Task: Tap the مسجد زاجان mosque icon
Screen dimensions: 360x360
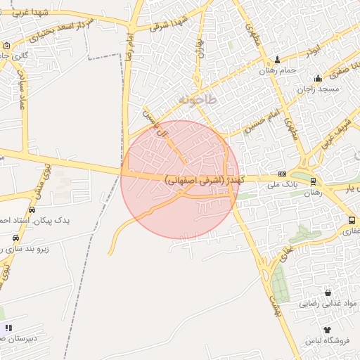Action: pos(319,79)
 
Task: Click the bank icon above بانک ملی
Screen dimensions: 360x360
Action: pos(283,174)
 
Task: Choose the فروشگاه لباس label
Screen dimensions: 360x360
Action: pos(327,340)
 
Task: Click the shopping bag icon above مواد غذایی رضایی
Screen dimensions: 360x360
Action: pos(327,292)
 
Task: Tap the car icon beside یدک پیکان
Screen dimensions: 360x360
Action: pos(32,210)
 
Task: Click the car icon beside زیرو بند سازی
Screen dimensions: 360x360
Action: pos(15,238)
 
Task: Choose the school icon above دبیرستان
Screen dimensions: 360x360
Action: pos(8,328)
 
